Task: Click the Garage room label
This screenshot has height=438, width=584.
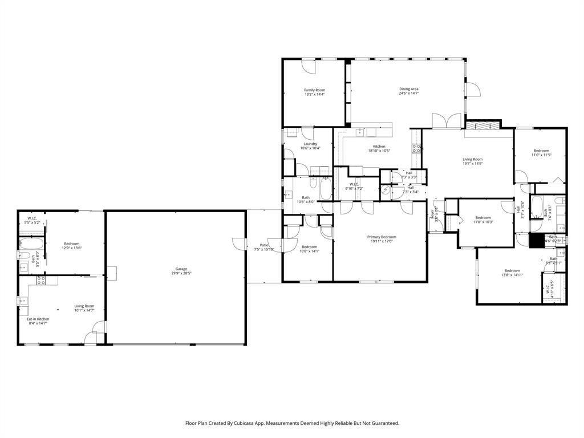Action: click(x=181, y=269)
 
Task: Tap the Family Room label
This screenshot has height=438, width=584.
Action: click(x=314, y=90)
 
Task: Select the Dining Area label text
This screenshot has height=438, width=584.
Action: click(x=409, y=89)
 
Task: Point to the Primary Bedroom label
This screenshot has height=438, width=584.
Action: click(x=381, y=237)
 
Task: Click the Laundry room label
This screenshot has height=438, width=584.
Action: click(x=310, y=144)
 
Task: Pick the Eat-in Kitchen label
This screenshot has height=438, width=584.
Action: click(x=39, y=319)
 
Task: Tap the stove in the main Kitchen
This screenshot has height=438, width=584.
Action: click(x=416, y=149)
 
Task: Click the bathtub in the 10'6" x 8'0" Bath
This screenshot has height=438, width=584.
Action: click(x=326, y=189)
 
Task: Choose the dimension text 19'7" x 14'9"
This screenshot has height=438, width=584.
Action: click(x=472, y=164)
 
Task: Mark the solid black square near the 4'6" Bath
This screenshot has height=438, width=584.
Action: click(x=537, y=241)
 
